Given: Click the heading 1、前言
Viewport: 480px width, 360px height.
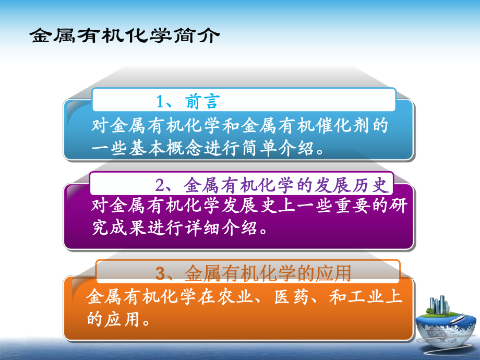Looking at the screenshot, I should tap(189, 101).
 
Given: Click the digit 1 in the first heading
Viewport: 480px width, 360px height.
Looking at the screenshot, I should tap(161, 101).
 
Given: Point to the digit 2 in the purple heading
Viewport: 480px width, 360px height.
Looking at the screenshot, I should tap(160, 185).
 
